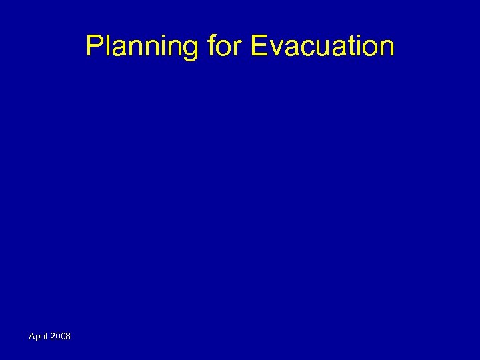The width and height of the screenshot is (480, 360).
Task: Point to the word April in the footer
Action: tap(39, 336)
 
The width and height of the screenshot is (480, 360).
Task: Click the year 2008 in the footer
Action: tap(61, 336)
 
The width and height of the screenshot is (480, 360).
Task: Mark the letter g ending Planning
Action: tap(191, 48)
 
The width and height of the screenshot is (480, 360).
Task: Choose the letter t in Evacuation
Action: tap(350, 47)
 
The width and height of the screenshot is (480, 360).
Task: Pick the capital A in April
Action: tap(31, 336)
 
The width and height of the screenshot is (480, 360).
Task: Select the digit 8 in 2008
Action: tap(68, 336)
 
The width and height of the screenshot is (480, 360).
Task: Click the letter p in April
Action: tap(37, 337)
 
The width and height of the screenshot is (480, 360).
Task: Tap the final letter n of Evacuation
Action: tap(386, 48)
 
